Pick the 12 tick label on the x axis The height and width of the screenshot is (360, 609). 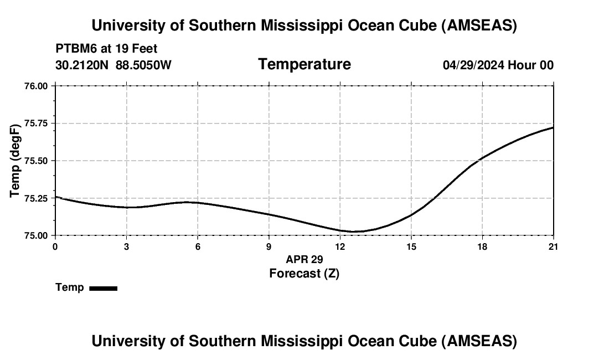[340, 246]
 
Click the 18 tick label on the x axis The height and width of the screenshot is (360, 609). [482, 246]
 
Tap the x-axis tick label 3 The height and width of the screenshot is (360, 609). [127, 246]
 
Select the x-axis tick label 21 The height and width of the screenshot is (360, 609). [553, 246]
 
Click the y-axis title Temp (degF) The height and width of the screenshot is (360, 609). [16, 161]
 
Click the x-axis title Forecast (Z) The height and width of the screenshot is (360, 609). [304, 273]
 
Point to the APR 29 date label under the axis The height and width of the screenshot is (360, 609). [304, 259]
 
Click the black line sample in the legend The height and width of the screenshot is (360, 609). [104, 288]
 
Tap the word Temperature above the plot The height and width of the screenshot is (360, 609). [304, 64]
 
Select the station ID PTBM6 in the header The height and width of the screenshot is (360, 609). [75, 49]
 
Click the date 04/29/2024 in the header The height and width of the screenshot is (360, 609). [473, 65]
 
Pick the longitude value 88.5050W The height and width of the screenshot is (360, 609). [143, 65]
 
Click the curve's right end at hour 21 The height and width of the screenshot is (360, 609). [553, 127]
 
